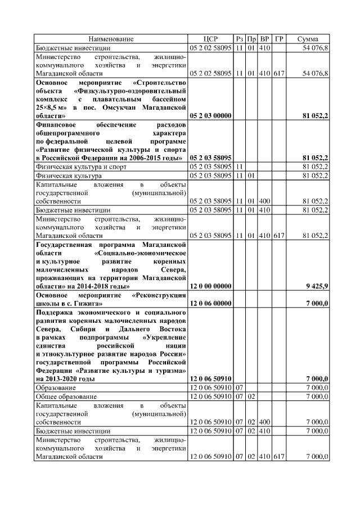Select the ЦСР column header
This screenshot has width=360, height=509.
click(211, 39)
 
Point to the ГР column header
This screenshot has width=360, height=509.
click(279, 39)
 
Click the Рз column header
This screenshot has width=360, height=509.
click(240, 39)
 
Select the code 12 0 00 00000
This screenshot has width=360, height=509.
click(211, 286)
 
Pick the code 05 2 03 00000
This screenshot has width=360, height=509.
click(211, 115)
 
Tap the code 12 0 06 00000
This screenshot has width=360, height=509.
click(211, 303)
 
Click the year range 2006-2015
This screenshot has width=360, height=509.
click(132, 158)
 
